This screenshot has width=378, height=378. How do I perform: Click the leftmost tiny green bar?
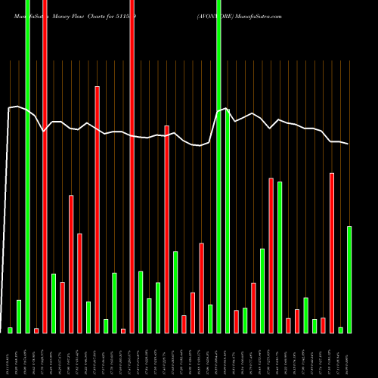(11, 330)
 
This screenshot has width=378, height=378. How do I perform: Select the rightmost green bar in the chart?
(349, 279)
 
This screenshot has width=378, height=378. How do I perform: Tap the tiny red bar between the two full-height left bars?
(36, 330)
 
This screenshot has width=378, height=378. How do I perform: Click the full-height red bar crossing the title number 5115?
(132, 166)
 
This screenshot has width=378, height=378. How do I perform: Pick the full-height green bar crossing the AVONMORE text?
(219, 166)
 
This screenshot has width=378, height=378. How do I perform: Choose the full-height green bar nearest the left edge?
(28, 166)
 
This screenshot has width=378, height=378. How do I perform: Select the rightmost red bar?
(332, 253)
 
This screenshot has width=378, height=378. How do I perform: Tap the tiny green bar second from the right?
(341, 330)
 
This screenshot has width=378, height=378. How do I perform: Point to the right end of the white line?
(349, 144)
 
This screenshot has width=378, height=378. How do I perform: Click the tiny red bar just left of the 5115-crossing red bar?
(123, 330)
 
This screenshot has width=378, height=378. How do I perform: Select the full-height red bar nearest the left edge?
(45, 166)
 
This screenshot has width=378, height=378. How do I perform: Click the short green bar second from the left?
(19, 316)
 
